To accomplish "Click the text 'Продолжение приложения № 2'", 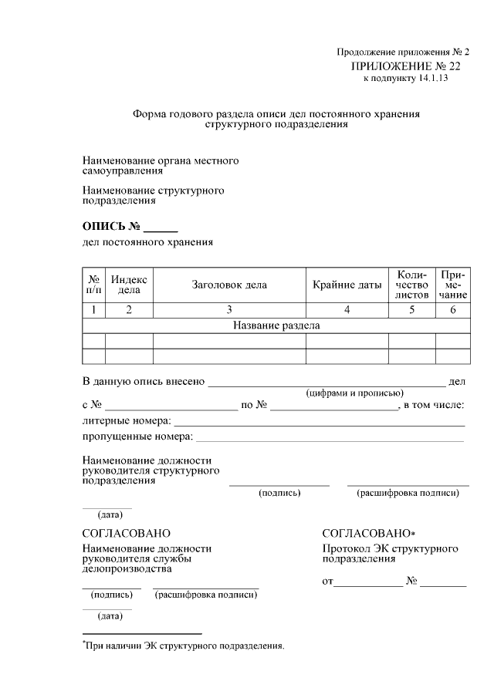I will click(403, 52).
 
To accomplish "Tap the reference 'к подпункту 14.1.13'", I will click(404, 79).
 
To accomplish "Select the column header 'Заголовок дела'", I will click(229, 285).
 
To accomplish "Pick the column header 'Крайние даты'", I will click(347, 285).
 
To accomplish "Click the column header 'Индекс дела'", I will click(129, 285).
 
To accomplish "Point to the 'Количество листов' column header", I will click(411, 285).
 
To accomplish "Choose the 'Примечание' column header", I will click(453, 285).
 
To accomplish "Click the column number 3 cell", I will click(229, 310).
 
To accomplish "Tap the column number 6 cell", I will click(453, 310).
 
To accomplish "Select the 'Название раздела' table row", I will click(276, 325).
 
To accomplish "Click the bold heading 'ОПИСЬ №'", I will click(110, 227).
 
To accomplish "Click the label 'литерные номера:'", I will click(127, 421).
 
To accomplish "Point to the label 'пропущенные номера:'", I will click(137, 437).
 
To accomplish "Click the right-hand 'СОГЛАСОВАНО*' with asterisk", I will click(369, 534).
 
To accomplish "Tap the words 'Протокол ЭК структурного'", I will click(390, 548).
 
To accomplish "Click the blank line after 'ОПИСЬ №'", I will click(161, 229).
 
